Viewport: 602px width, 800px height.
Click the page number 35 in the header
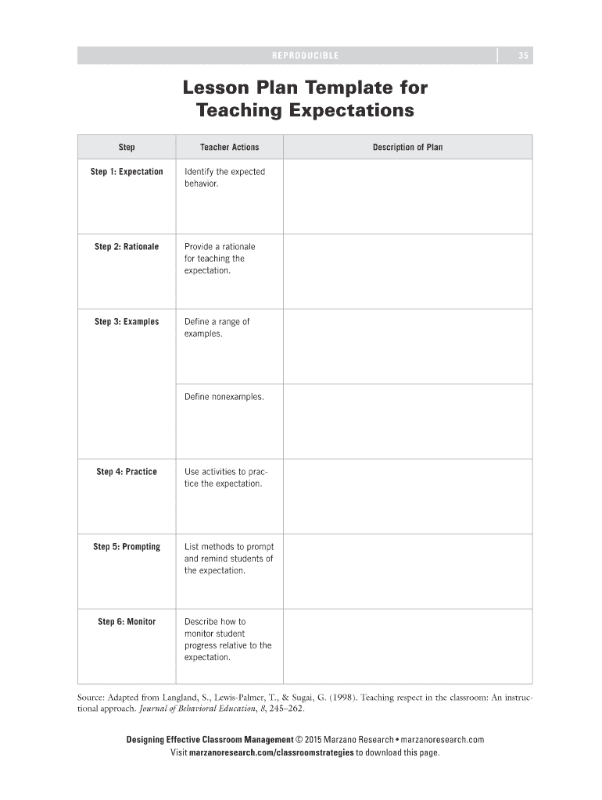point(523,55)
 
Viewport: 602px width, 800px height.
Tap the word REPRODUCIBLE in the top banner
point(305,55)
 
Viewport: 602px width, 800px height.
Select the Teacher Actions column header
point(229,147)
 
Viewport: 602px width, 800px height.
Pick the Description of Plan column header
point(407,147)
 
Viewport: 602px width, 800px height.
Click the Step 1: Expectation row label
point(127,172)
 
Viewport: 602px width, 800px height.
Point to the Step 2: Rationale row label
point(127,247)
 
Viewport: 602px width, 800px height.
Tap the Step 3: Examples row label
point(127,322)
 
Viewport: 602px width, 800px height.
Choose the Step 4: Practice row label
point(127,472)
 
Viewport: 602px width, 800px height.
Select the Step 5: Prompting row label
point(127,547)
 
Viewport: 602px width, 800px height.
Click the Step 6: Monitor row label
point(127,622)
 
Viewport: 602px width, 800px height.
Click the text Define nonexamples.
point(224,397)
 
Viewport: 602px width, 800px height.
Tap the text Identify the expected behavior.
point(224,177)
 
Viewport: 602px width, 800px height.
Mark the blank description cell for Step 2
point(407,271)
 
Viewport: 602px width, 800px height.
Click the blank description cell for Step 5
point(407,571)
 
